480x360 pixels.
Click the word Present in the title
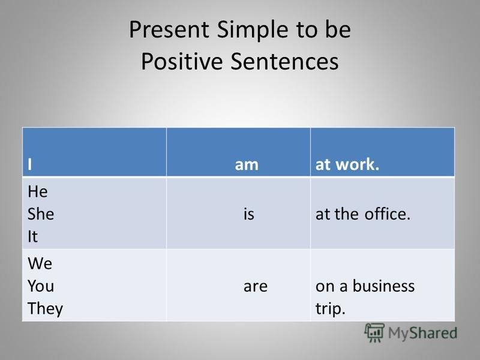coord(169,29)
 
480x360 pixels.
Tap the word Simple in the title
coord(253,31)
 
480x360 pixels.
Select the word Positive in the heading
coord(182,61)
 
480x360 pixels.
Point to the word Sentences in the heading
coord(284,61)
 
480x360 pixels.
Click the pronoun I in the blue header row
coord(29,164)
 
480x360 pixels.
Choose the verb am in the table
coord(247,165)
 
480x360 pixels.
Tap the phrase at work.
coord(347,164)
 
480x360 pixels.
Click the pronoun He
coord(38,191)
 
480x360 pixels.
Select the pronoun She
coord(41,214)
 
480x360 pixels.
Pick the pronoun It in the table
coord(33,236)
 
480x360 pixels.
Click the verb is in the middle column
coord(249,214)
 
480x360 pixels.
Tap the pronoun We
coord(40,263)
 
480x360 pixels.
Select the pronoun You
coord(41,286)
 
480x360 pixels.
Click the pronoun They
coord(46,308)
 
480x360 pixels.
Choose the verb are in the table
coord(256,287)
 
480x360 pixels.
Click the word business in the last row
coord(383,286)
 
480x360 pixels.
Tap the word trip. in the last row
coord(331,308)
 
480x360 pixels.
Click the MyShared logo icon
coord(374,332)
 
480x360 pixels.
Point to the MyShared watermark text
coord(423,333)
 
